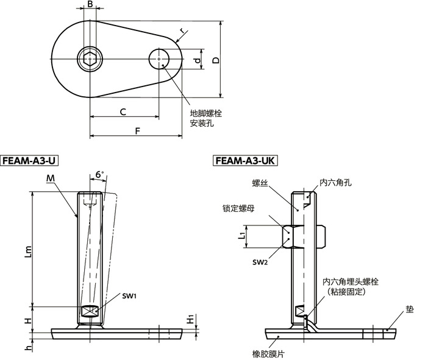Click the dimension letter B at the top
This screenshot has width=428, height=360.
coord(90,5)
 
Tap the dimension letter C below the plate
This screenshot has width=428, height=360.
coord(123,111)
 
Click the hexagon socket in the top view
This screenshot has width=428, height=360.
coord(90,60)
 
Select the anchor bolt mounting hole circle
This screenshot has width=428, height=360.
coord(159,60)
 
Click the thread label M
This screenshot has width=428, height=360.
coord(50,177)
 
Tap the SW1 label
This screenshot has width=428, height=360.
coord(129,295)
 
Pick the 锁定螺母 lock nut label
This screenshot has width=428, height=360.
coord(238,208)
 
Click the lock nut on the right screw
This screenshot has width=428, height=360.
coord(291,236)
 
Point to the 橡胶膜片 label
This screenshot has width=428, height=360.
coord(266,353)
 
